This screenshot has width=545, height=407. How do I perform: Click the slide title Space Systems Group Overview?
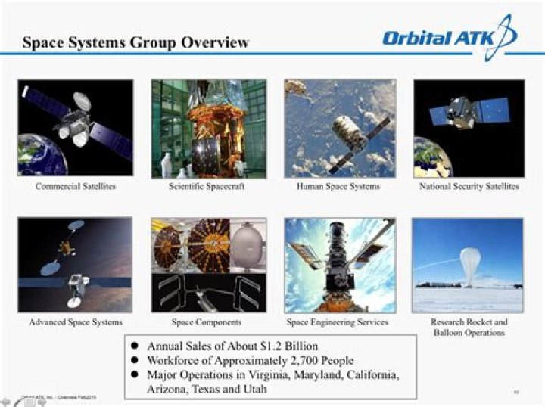(135, 42)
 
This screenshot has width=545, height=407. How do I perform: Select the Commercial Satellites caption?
(76, 186)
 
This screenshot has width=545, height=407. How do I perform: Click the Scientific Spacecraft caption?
(207, 186)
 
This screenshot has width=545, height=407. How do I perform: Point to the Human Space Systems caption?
(338, 186)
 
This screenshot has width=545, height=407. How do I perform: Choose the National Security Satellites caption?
(469, 186)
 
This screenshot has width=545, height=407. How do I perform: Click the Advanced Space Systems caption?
(76, 322)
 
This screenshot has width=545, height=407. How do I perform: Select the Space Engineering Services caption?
(338, 322)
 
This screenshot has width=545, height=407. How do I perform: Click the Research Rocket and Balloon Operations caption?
(469, 328)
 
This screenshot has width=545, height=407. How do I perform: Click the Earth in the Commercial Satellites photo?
(35, 156)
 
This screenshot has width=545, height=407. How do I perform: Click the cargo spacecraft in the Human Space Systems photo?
(349, 132)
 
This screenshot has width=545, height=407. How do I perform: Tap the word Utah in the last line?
(256, 390)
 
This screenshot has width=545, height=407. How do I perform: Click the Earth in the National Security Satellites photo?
(429, 160)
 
